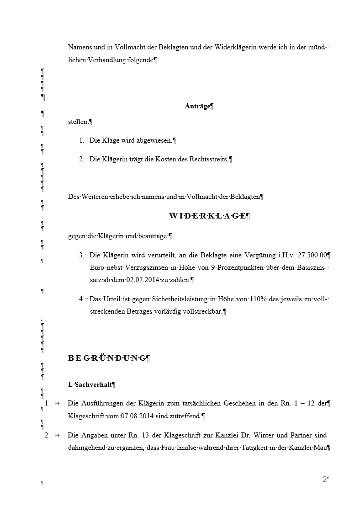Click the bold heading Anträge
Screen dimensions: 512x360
coord(197,107)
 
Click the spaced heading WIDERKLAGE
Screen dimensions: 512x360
coord(207,216)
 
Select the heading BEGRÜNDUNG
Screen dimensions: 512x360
coord(107,358)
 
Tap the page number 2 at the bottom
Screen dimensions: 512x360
coord(325,479)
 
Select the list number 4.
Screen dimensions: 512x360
coord(81,299)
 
